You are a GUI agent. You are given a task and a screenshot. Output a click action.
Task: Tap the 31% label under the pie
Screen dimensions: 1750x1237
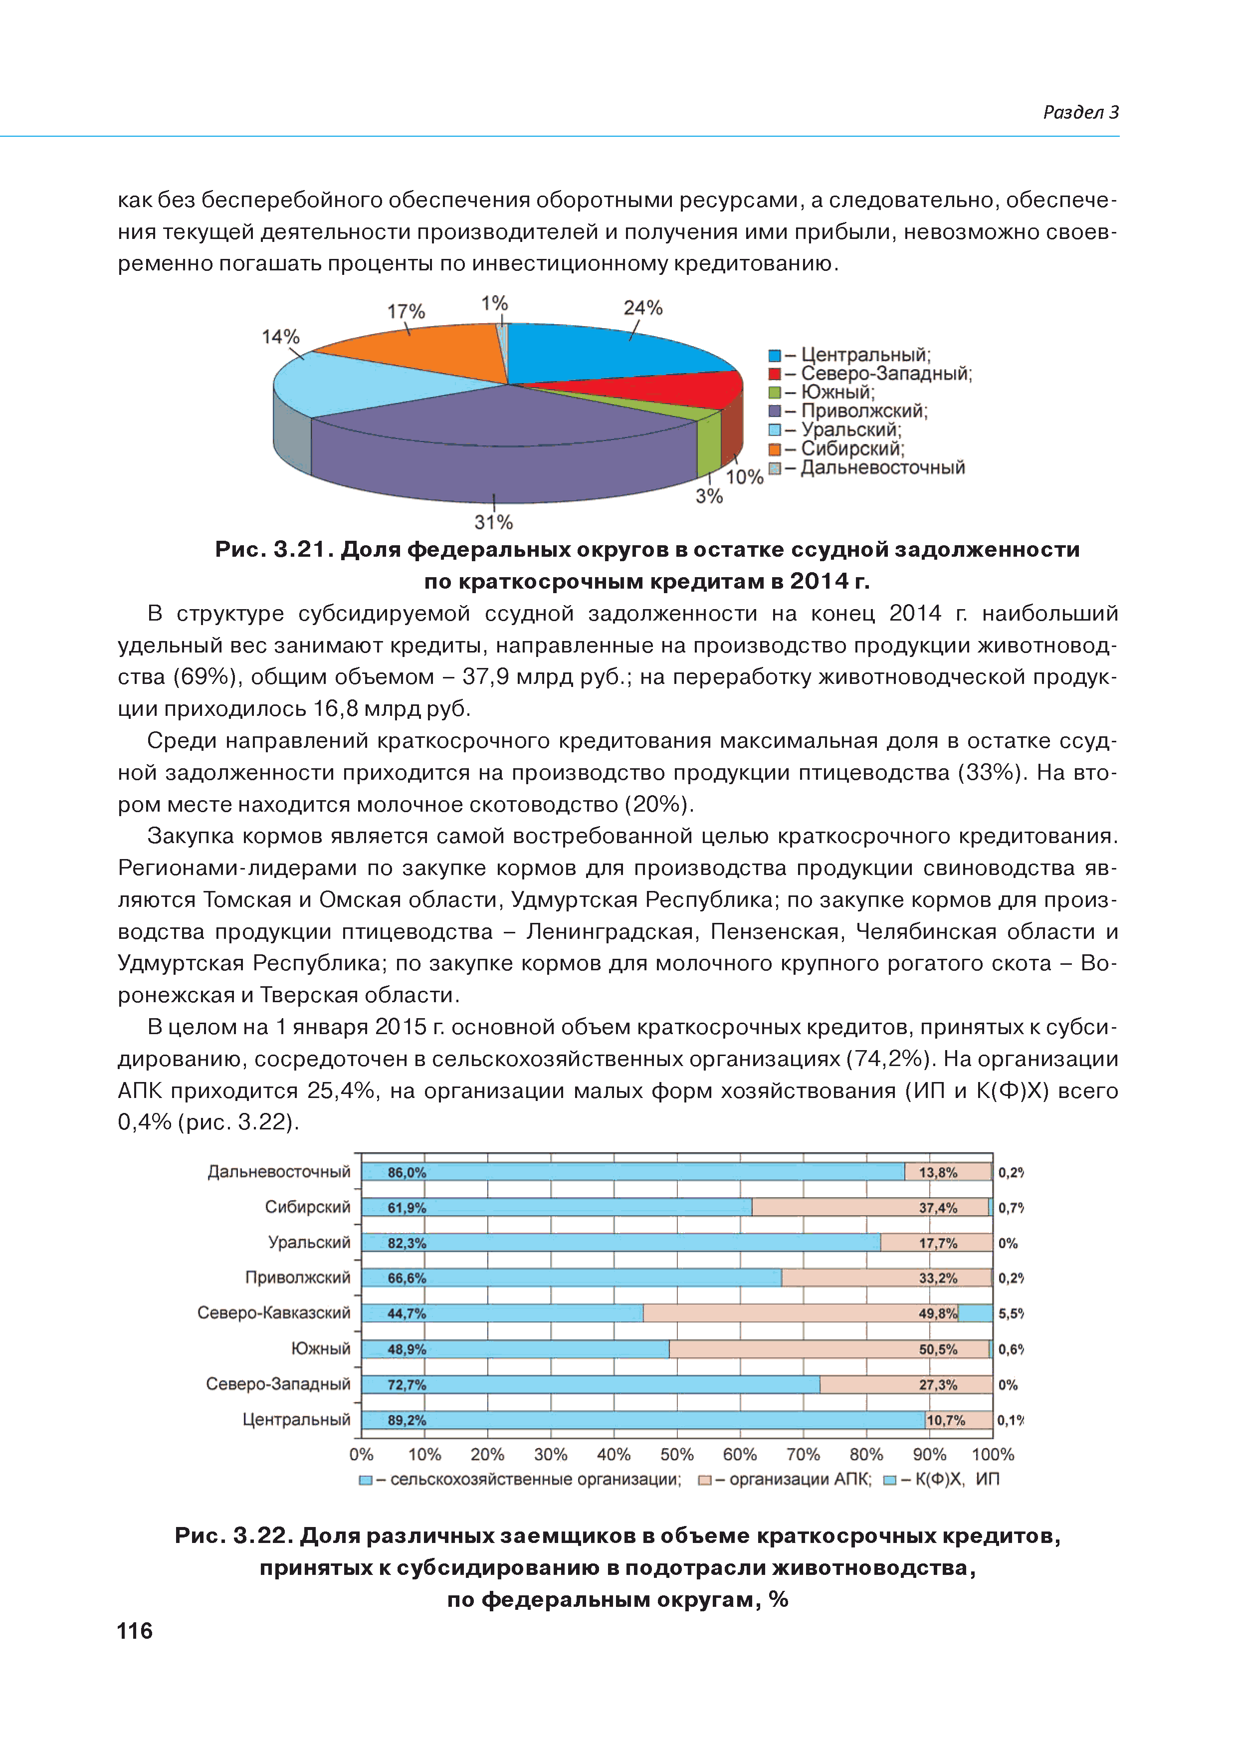tap(493, 522)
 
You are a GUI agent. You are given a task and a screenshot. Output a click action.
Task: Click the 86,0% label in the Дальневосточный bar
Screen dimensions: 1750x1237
tap(406, 1172)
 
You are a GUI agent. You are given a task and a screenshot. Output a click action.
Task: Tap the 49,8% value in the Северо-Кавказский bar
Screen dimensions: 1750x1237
tap(937, 1313)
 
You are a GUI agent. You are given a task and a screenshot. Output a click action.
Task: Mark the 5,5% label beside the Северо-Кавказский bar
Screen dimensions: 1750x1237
tap(1011, 1313)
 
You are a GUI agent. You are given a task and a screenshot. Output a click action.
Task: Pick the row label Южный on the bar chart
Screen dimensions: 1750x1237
tap(321, 1349)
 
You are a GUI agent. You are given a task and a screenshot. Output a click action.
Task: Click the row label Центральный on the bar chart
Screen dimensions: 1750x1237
tap(296, 1419)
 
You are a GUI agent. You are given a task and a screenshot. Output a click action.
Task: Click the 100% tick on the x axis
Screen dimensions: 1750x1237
tap(993, 1454)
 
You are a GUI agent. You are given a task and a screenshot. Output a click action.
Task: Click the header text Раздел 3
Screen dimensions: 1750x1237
tap(1080, 113)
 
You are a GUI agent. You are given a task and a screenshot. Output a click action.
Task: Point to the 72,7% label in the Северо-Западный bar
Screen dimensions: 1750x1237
tap(406, 1384)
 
